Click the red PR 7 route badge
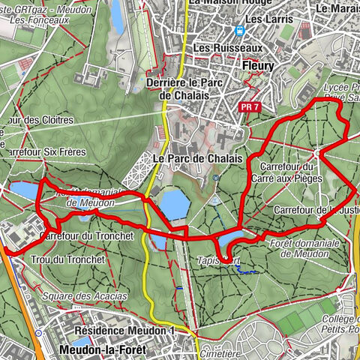click(x=250, y=107)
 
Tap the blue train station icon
click(x=240, y=31)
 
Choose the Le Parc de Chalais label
click(x=197, y=159)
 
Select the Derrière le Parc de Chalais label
click(x=187, y=88)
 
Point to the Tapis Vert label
click(x=219, y=260)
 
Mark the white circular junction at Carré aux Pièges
click(x=317, y=152)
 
